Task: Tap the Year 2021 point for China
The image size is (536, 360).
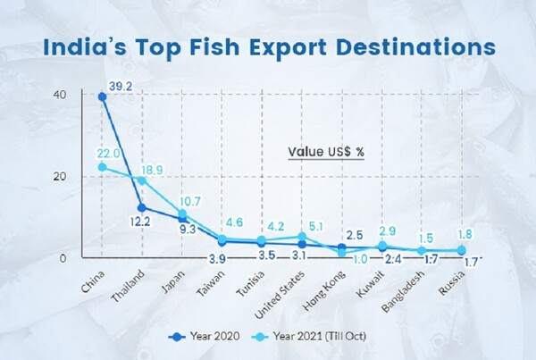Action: [x=103, y=167]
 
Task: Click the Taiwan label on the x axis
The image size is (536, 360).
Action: [x=214, y=280]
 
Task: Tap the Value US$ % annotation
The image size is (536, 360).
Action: [x=326, y=152]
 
